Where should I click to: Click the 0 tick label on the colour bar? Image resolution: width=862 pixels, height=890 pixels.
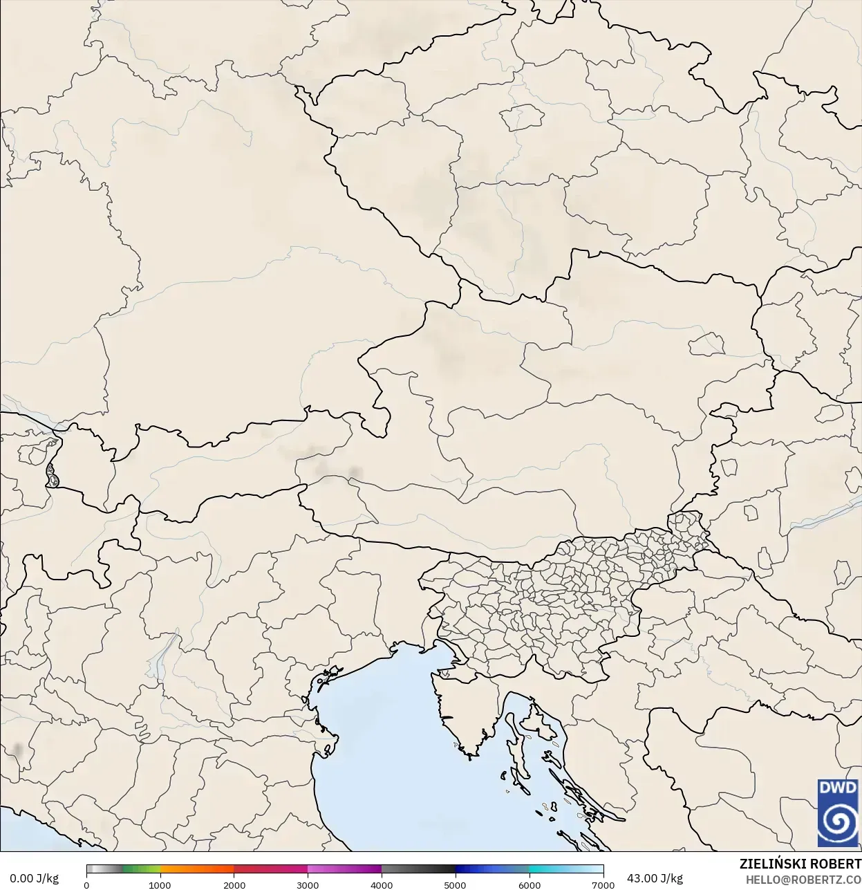pyautogui.click(x=86, y=884)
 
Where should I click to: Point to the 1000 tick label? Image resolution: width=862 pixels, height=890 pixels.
pyautogui.click(x=160, y=884)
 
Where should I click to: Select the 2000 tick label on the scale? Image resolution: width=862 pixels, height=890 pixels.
pyautogui.click(x=234, y=884)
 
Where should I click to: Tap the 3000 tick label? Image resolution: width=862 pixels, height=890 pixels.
pyautogui.click(x=308, y=884)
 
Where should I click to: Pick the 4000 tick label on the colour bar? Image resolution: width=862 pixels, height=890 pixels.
pyautogui.click(x=382, y=884)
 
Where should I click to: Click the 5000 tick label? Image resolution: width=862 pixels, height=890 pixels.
pyautogui.click(x=455, y=884)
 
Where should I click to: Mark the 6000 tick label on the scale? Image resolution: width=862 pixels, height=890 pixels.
pyautogui.click(x=530, y=884)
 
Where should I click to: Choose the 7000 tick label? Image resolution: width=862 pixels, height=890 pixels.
pyautogui.click(x=603, y=884)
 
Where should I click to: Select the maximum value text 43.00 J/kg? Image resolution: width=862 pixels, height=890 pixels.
pyautogui.click(x=655, y=878)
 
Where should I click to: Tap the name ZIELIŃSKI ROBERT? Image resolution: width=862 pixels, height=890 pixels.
pyautogui.click(x=800, y=864)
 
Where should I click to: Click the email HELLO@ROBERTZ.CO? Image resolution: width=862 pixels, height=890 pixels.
pyautogui.click(x=803, y=880)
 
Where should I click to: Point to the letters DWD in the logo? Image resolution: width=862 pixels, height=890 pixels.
pyautogui.click(x=837, y=788)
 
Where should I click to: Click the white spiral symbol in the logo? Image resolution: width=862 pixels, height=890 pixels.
pyautogui.click(x=837, y=822)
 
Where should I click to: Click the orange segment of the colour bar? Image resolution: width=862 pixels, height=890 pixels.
pyautogui.click(x=197, y=869)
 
